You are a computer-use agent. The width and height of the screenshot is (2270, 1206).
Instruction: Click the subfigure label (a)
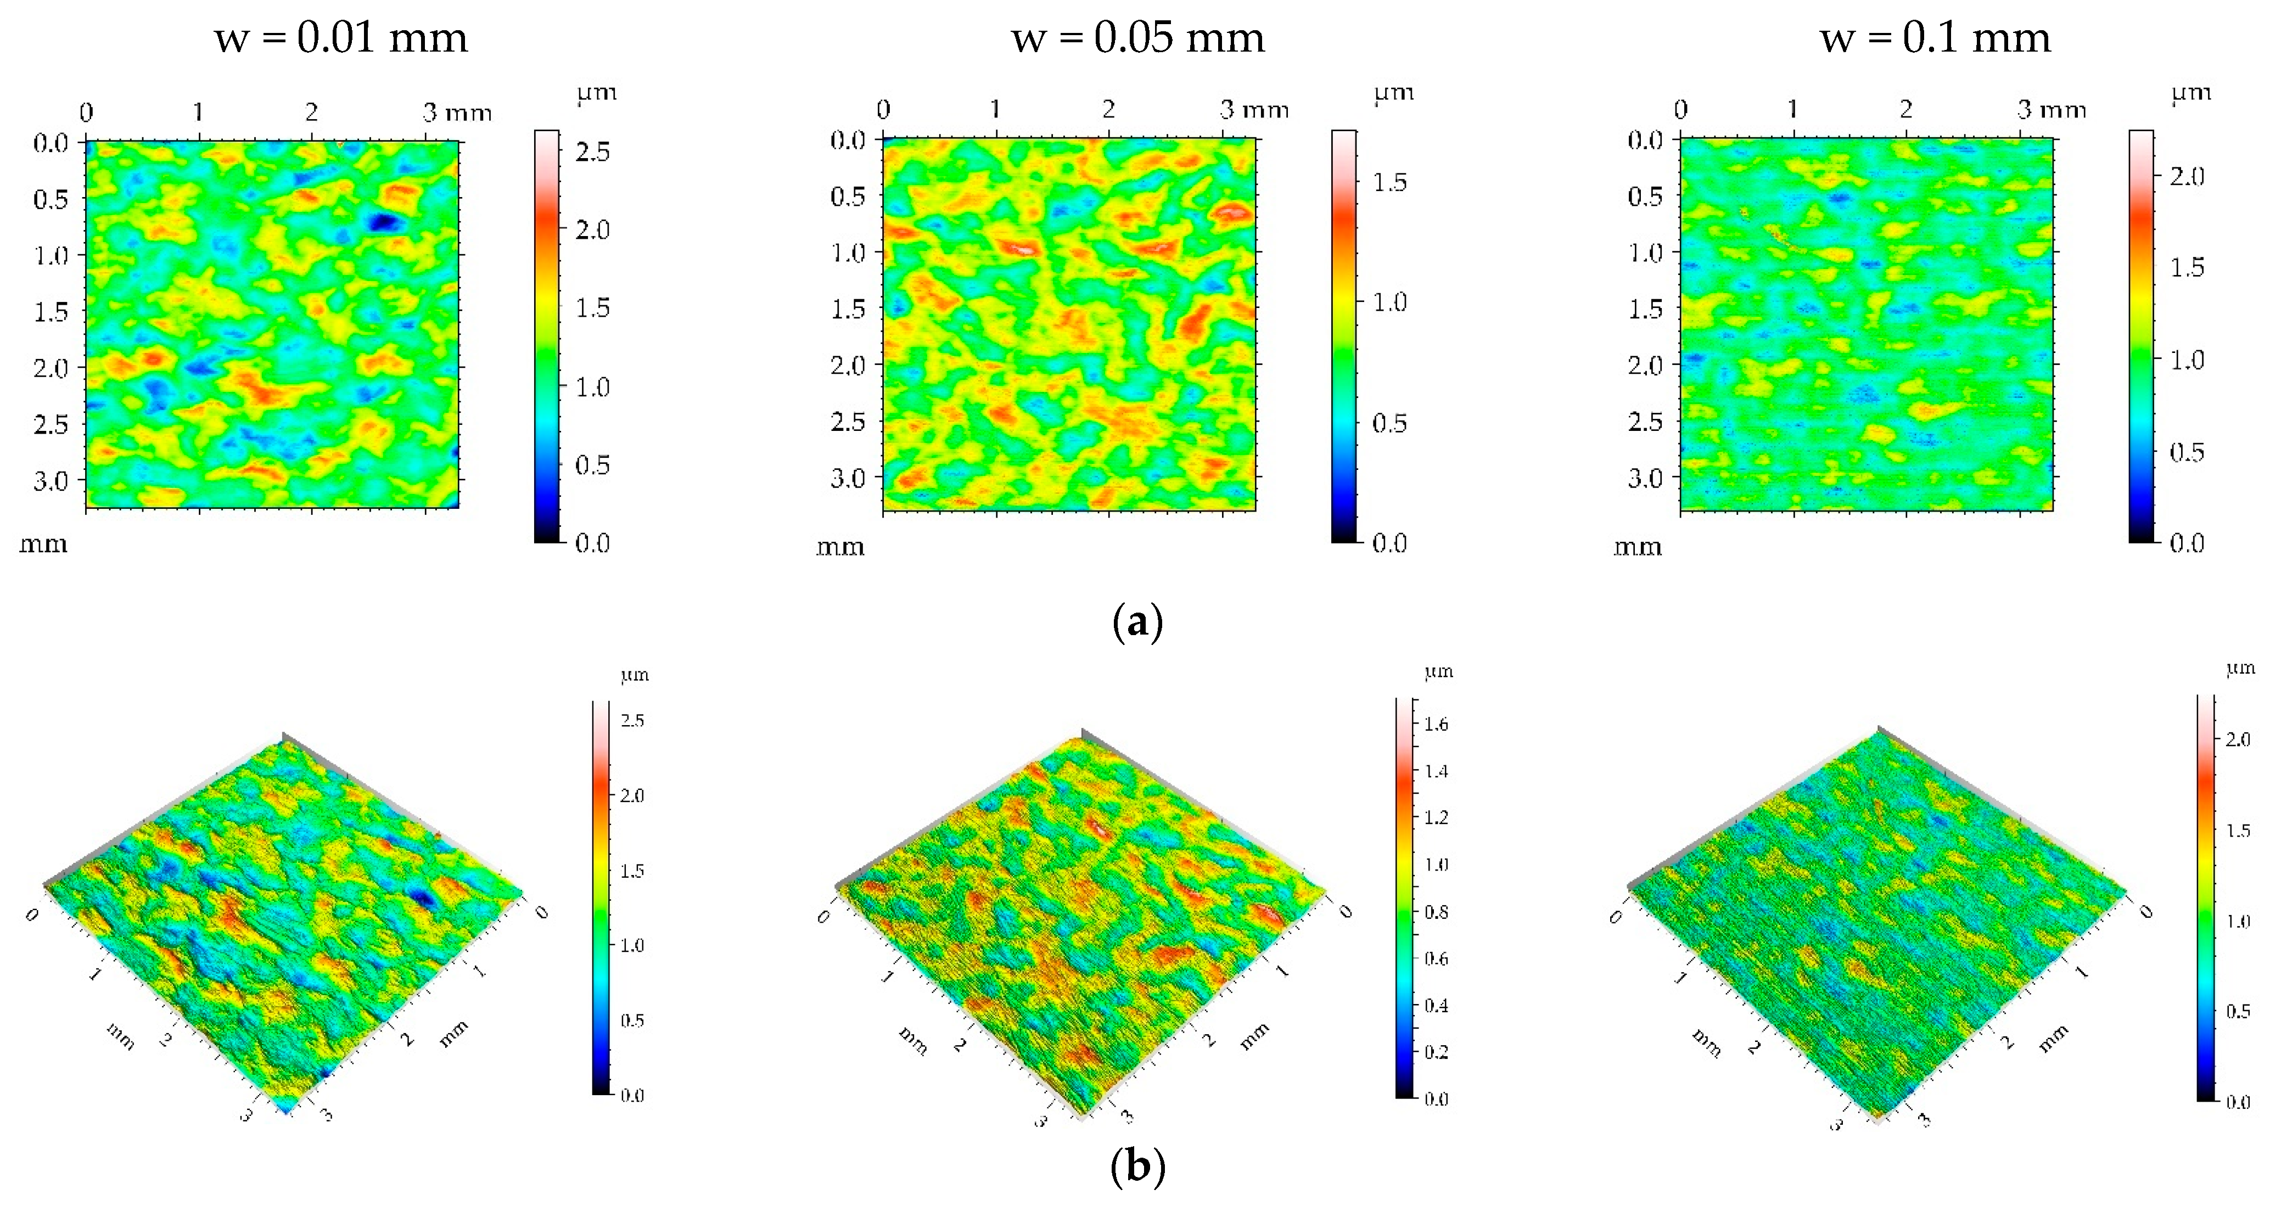click(1137, 622)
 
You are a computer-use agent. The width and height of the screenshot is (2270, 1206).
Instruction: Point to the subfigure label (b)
click(1137, 1166)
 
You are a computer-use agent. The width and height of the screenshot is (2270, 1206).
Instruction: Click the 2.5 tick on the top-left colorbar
click(592, 153)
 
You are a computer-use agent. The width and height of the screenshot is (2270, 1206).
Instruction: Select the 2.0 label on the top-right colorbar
click(2187, 177)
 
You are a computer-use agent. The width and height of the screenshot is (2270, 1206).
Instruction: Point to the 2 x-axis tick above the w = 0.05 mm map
click(1108, 109)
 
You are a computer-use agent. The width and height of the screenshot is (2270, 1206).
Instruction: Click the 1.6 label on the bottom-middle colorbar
click(1436, 724)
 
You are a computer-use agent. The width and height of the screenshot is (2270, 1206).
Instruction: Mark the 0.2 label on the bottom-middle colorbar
click(1436, 1052)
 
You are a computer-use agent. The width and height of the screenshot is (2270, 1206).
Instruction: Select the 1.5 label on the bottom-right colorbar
click(2238, 831)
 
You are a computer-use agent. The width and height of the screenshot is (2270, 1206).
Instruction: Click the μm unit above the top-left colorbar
click(597, 93)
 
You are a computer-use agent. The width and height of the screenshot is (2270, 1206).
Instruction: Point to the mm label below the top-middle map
click(840, 548)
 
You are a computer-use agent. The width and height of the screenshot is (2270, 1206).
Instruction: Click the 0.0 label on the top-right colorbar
click(2187, 543)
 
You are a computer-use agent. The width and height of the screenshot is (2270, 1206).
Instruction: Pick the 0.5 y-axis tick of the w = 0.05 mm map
click(848, 197)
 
